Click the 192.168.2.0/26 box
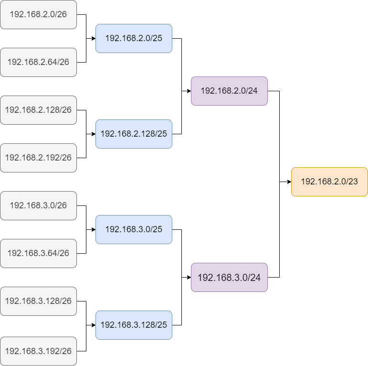point(38,14)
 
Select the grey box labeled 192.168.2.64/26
point(38,62)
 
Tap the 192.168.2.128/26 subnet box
point(38,110)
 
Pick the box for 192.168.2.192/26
point(38,158)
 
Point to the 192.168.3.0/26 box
point(38,205)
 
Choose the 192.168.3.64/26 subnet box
point(38,253)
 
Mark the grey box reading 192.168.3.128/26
point(38,301)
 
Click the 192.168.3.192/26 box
point(38,351)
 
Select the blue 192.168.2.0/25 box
point(134,38)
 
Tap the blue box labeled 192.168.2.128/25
point(134,134)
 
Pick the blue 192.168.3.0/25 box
point(134,229)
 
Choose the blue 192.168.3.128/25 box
point(134,325)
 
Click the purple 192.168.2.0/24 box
point(229,91)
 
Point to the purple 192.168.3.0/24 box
point(229,277)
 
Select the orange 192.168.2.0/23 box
point(329,182)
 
